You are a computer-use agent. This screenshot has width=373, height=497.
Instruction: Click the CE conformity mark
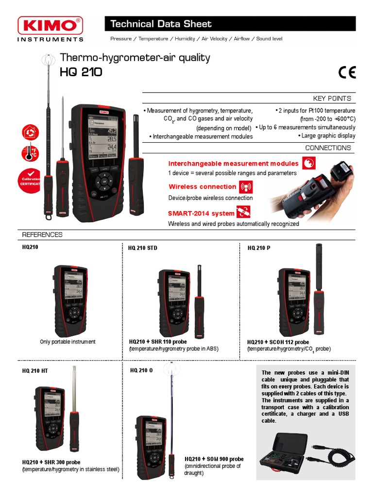coord(347,72)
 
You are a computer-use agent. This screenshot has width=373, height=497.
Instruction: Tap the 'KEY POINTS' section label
coord(332,99)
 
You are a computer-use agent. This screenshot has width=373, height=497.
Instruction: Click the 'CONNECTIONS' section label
coord(328,148)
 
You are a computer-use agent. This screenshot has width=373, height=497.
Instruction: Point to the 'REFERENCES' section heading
coord(42,235)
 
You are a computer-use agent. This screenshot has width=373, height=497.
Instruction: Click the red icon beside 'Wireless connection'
coord(246,187)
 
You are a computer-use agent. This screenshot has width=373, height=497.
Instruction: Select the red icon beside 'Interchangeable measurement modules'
coord(308,164)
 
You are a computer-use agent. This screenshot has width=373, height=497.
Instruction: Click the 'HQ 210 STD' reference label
coord(143,248)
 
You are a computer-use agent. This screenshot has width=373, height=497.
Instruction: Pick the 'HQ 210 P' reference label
coord(259,248)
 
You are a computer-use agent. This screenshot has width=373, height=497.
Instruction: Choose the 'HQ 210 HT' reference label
coord(35,371)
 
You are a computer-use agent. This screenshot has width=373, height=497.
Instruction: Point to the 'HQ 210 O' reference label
coord(141,370)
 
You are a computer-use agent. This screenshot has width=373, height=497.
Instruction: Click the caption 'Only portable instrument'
coord(68,342)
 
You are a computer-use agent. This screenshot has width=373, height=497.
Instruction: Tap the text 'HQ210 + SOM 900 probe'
coord(214,459)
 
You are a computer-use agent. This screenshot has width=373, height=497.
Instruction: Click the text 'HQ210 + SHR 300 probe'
coord(51,462)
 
